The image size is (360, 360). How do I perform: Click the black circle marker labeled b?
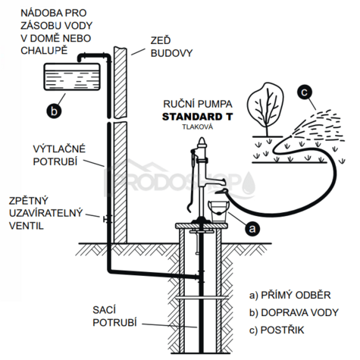pyautogui.click(x=54, y=111)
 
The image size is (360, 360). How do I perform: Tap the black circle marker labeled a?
pyautogui.click(x=252, y=228)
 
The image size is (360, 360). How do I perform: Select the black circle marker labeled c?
pyautogui.click(x=305, y=92)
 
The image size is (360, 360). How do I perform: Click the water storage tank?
pyautogui.click(x=72, y=77)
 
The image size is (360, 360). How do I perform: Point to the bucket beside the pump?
pyautogui.click(x=218, y=211)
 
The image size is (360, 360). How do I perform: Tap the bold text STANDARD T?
pyautogui.click(x=197, y=117)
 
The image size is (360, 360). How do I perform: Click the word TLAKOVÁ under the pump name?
pyautogui.click(x=198, y=127)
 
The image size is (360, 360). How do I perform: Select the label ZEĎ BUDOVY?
pyautogui.click(x=171, y=47)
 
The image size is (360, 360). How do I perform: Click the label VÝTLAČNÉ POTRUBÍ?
pyautogui.click(x=59, y=155)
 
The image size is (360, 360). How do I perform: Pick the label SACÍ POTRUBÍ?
pyautogui.click(x=114, y=316)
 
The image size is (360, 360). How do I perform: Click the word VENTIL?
pyautogui.click(x=27, y=226)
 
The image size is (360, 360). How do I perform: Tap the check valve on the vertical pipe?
pyautogui.click(x=108, y=219)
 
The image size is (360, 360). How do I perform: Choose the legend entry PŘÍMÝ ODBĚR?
pyautogui.click(x=290, y=295)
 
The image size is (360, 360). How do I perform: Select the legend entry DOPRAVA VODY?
pyautogui.click(x=294, y=312)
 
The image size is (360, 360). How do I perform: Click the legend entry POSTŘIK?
pyautogui.click(x=277, y=330)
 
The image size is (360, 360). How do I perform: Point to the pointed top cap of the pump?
pyautogui.click(x=202, y=142)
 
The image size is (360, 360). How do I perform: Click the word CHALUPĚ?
pyautogui.click(x=44, y=51)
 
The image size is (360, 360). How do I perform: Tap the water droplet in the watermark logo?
pyautogui.click(x=249, y=183)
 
